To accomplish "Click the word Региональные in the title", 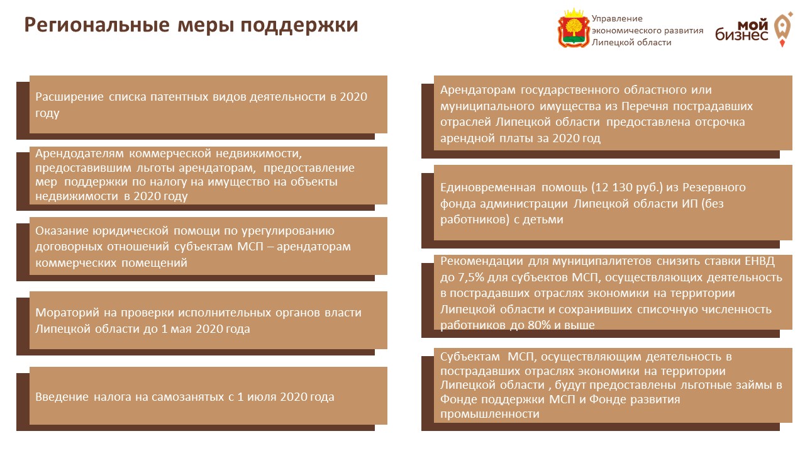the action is tap(97, 26).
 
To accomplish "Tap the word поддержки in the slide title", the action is tap(299, 26).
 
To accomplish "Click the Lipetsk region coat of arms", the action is tap(573, 28).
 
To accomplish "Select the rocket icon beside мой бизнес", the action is tap(783, 29).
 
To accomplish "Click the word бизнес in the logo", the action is tap(741, 35).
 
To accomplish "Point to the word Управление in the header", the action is tap(617, 19).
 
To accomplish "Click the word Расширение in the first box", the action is tap(69, 97).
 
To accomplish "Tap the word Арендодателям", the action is tap(79, 154).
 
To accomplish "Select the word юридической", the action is tap(130, 231).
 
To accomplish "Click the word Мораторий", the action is tap(67, 313).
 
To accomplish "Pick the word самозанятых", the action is tap(187, 397).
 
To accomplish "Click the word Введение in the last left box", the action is tap(62, 397).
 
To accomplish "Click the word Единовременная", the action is tap(488, 187).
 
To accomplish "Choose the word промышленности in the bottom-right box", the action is tap(490, 414).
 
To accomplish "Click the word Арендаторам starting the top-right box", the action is tap(478, 90).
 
